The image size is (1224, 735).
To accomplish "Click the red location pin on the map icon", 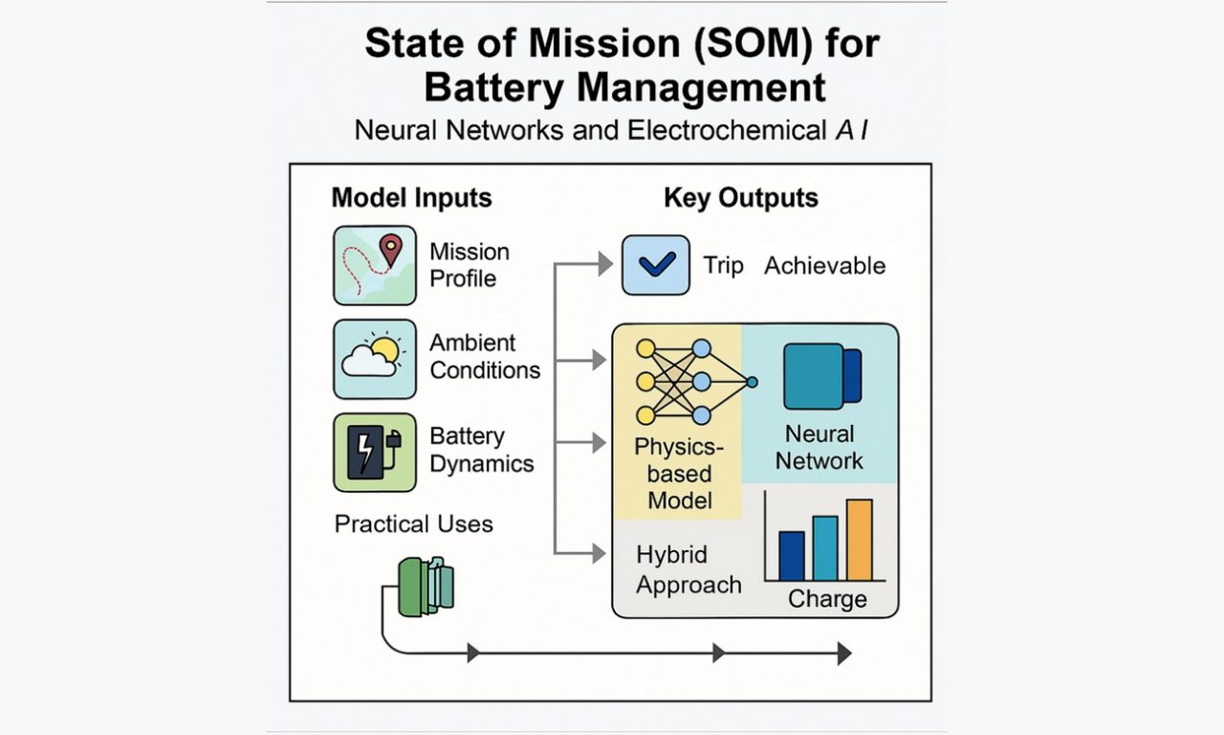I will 390,249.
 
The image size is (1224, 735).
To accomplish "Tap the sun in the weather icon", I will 384,350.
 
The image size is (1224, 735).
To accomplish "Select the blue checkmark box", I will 655,265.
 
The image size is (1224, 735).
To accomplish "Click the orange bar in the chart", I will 859,540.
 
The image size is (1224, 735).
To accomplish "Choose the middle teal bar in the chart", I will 825,547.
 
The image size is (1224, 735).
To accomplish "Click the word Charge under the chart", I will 827,600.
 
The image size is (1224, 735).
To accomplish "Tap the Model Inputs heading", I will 411,198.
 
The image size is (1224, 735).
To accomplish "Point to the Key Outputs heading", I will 741,198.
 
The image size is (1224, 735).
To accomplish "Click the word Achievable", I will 824,266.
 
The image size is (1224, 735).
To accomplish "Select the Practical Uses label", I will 414,523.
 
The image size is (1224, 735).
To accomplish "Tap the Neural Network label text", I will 819,447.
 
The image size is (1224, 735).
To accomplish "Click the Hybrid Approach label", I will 688,569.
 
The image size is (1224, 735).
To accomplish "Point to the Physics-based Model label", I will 680,474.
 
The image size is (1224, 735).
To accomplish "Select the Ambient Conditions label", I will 485,356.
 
